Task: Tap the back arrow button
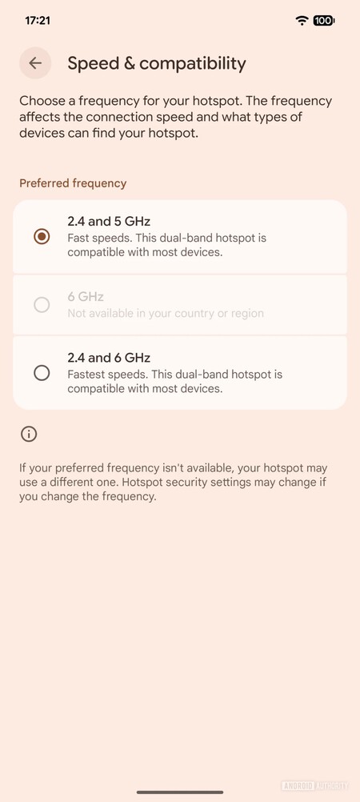coord(35,63)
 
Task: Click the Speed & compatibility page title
coord(157,63)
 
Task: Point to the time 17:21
coord(38,21)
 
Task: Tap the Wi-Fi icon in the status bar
coord(302,21)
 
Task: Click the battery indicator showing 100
coord(324,21)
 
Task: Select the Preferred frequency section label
coord(73,183)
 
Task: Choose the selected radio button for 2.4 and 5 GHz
coord(42,237)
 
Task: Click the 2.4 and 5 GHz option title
coord(109,222)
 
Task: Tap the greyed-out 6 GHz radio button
coord(42,305)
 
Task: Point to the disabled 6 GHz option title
coord(86,297)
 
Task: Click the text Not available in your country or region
coord(166,313)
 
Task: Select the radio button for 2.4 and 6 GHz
coord(42,373)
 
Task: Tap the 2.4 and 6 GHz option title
coord(109,358)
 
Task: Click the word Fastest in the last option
coord(84,375)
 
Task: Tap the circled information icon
coord(29,435)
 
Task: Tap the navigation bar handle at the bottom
coord(180,792)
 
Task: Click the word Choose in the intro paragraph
coord(42,101)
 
